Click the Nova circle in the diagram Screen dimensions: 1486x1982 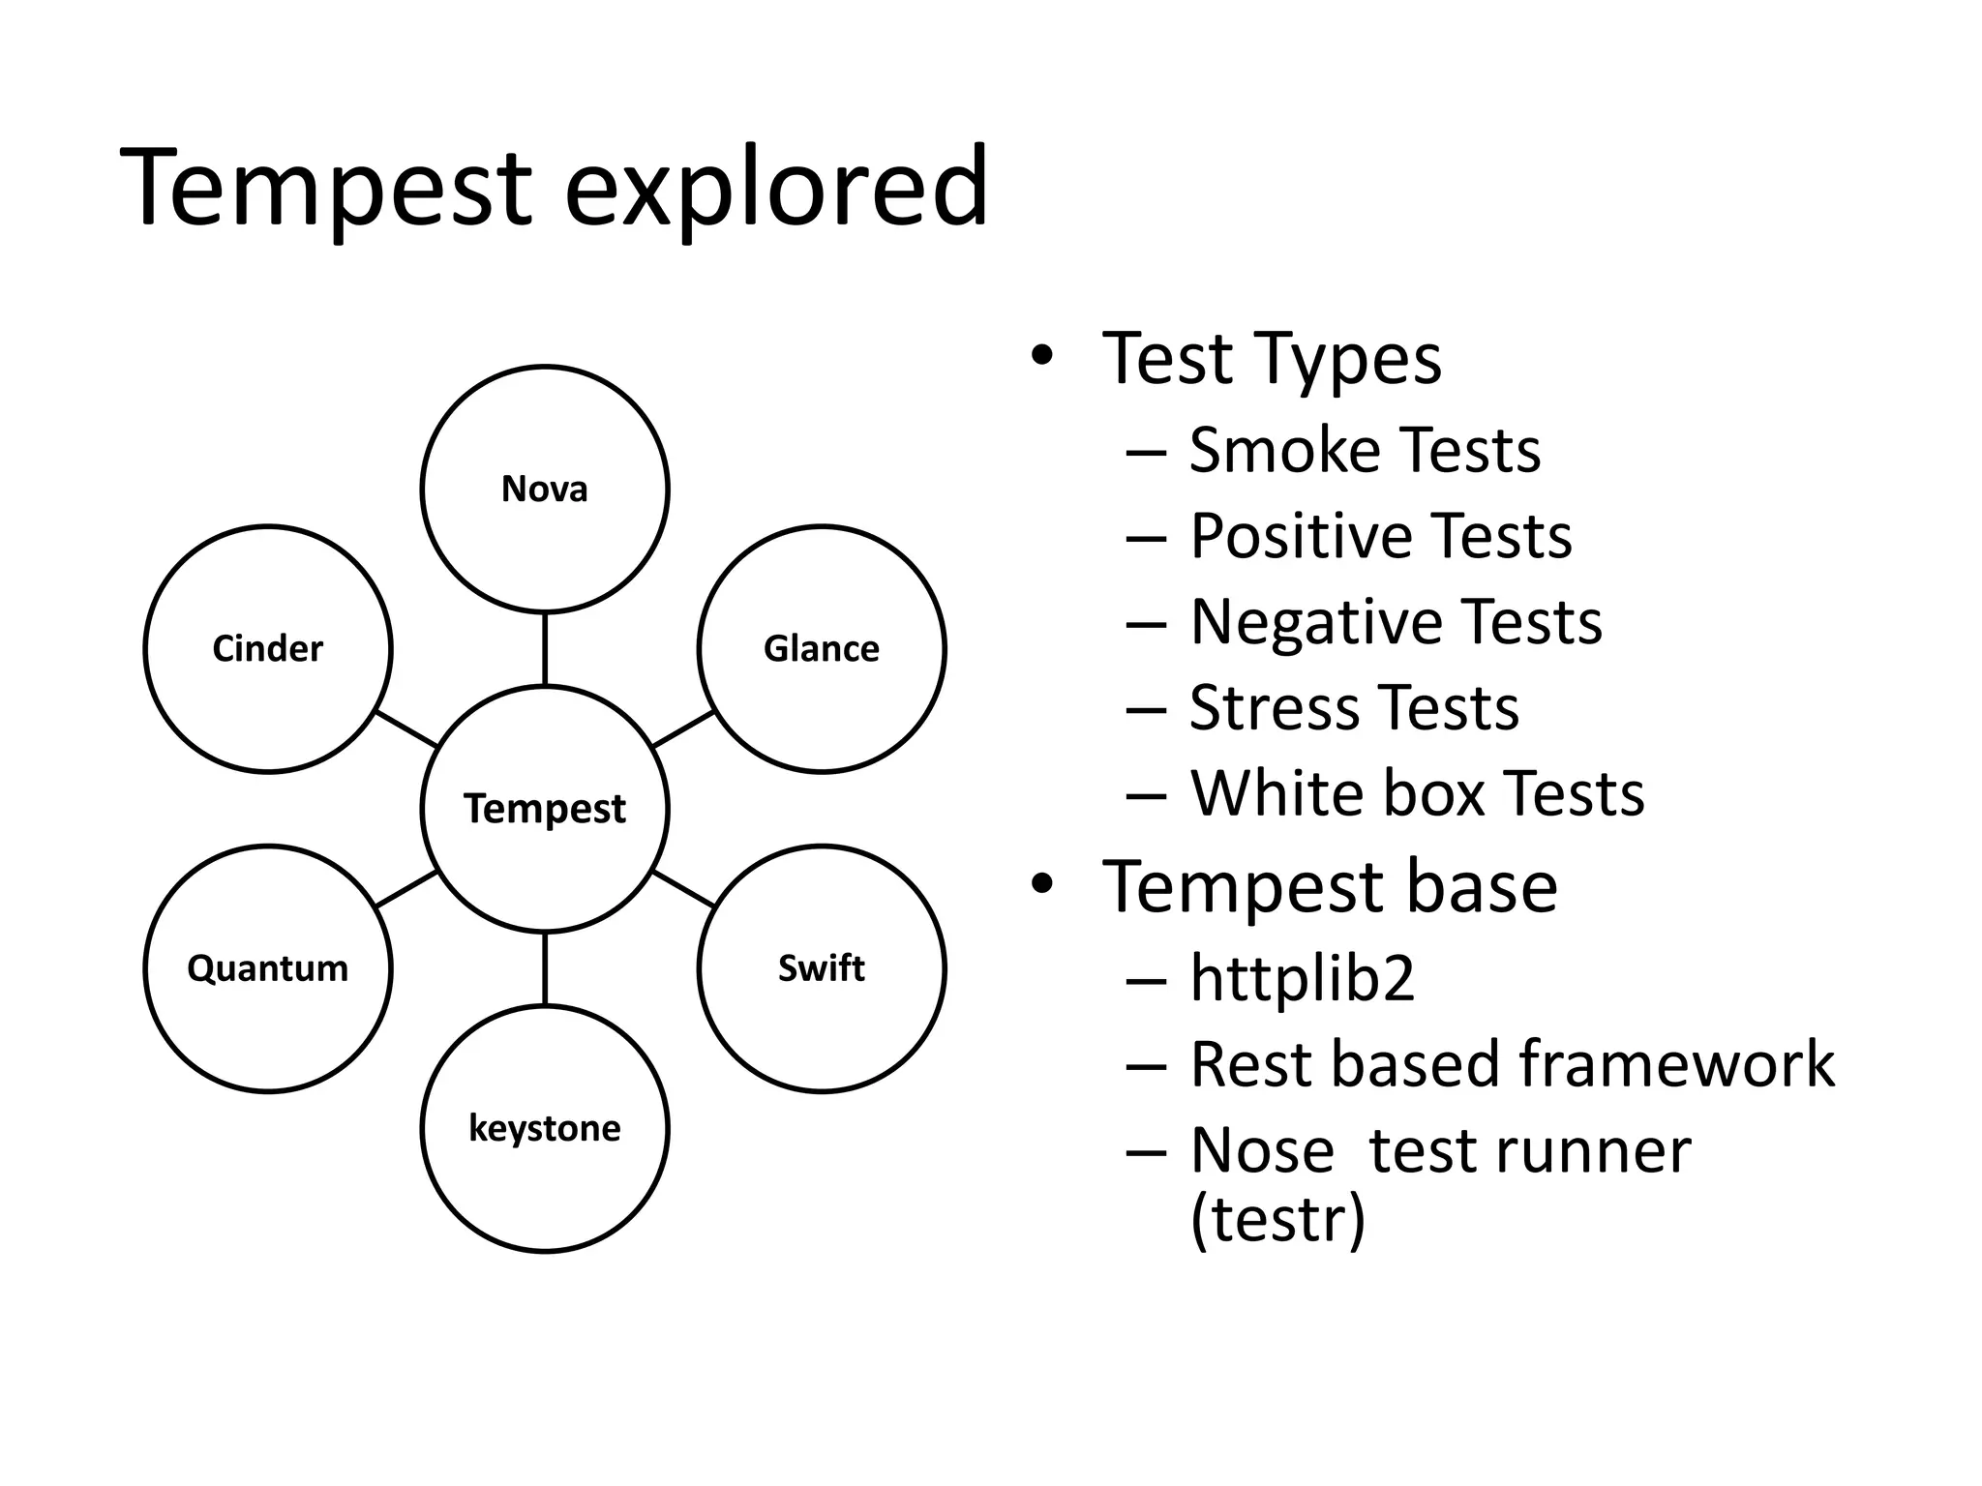pos(545,489)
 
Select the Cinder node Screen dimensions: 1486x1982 pos(268,648)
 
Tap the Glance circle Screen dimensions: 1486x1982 pos(822,648)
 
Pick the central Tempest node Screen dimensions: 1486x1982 pos(545,808)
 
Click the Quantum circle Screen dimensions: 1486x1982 pos(268,968)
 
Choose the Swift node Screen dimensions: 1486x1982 pos(822,968)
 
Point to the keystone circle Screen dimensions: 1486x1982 pos(545,1128)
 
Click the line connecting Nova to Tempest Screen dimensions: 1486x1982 pos(545,649)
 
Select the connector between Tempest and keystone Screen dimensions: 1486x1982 pos(545,968)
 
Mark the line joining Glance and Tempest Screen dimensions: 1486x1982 pos(683,728)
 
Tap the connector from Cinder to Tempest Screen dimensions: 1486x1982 pos(406,728)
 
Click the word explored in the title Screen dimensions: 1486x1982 pos(776,187)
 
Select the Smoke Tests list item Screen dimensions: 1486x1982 pos(1364,450)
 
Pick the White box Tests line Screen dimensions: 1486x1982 pos(1417,793)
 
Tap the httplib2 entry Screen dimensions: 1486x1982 pos(1302,977)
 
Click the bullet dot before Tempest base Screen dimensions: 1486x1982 pos(1041,883)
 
